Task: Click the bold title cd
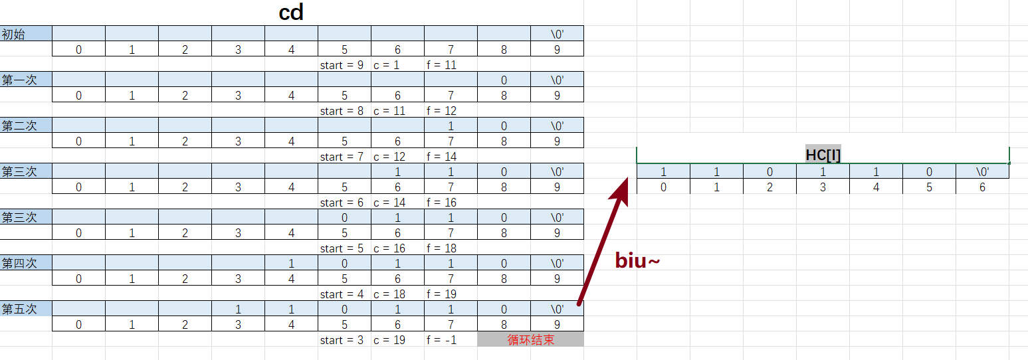tap(291, 13)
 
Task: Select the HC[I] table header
tap(823, 155)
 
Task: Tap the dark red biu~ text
tap(637, 260)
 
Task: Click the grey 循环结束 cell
tap(530, 340)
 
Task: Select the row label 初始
tap(14, 34)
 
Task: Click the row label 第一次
tap(19, 80)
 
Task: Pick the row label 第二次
tap(19, 126)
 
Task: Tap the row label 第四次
tap(19, 263)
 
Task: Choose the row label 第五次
tap(19, 309)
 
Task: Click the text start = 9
tap(342, 65)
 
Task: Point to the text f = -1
tap(441, 340)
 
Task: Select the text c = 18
tap(389, 294)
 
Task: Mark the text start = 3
tap(342, 340)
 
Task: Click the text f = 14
tap(441, 157)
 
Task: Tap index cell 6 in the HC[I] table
tap(982, 187)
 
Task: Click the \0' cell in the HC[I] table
tap(982, 172)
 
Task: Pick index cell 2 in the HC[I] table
tap(770, 187)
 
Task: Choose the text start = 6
tap(342, 203)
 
